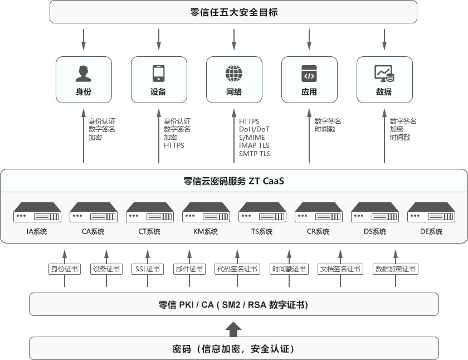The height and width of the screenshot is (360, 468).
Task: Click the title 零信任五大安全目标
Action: pyautogui.click(x=233, y=12)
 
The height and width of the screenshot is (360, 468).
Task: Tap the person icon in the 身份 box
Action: pyautogui.click(x=84, y=74)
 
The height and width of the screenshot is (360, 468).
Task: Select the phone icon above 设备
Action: pyautogui.click(x=159, y=74)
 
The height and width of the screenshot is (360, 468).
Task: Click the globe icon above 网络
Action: pyautogui.click(x=234, y=74)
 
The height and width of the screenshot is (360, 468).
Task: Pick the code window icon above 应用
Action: pyautogui.click(x=309, y=74)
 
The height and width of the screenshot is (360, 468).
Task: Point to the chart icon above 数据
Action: pyautogui.click(x=384, y=74)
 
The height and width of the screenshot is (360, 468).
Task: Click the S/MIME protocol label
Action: pyautogui.click(x=252, y=138)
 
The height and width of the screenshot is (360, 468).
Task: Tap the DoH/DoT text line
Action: pyautogui.click(x=254, y=129)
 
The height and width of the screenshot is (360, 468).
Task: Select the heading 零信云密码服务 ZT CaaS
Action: pyautogui.click(x=234, y=181)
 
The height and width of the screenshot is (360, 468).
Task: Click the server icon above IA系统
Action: pyautogui.click(x=37, y=212)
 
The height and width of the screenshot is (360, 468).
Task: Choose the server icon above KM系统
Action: pyautogui.click(x=206, y=212)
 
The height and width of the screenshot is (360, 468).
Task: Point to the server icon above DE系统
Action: pyautogui.click(x=431, y=212)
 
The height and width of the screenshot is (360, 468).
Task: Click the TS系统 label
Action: pyautogui.click(x=262, y=232)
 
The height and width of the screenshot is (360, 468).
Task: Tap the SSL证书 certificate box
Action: pyautogui.click(x=148, y=269)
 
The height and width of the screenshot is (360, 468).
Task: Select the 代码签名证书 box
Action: pyautogui.click(x=237, y=269)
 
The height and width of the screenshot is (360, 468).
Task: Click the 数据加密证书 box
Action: pyautogui.click(x=396, y=269)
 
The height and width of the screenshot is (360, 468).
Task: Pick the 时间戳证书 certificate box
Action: pyautogui.click(x=289, y=269)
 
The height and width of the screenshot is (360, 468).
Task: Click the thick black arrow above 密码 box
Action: pyautogui.click(x=235, y=329)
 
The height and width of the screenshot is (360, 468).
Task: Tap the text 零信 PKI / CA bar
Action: pyautogui.click(x=233, y=305)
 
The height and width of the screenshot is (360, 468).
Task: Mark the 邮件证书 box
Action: pyautogui.click(x=189, y=269)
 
